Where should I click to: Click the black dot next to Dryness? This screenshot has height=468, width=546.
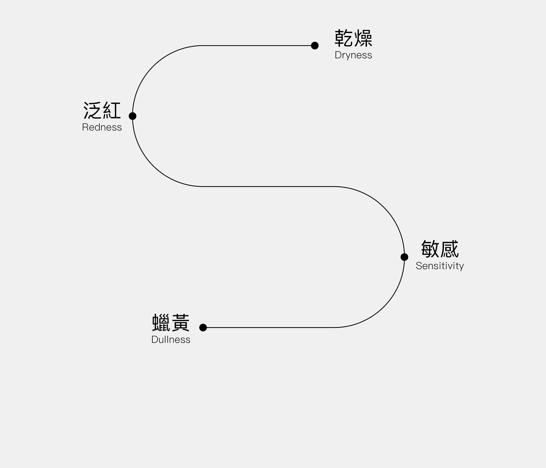point(315,46)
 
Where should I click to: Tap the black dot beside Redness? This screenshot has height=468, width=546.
point(132,116)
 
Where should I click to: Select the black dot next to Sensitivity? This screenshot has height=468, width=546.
point(404,257)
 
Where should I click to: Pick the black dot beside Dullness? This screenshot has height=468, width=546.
point(203,327)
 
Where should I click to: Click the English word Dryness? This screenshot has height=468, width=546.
point(353,55)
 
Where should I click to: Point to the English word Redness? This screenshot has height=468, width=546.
point(102,127)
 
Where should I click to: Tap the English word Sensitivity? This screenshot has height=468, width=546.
point(440,266)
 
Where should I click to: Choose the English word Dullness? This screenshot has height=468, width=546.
point(171,340)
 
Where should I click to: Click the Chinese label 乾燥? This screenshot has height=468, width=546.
point(353,38)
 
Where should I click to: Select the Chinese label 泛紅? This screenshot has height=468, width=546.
point(102,110)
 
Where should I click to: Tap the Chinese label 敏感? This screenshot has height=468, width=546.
point(440,249)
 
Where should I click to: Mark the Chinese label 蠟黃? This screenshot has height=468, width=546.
point(171,322)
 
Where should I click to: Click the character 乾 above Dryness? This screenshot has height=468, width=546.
point(344,38)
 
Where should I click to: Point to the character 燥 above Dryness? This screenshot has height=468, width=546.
point(363,38)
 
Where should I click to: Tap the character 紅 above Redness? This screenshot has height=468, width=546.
point(112,110)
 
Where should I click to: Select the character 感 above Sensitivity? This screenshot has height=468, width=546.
point(449,249)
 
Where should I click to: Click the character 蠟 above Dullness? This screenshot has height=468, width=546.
point(161,322)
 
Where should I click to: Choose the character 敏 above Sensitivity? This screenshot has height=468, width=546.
point(430,249)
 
